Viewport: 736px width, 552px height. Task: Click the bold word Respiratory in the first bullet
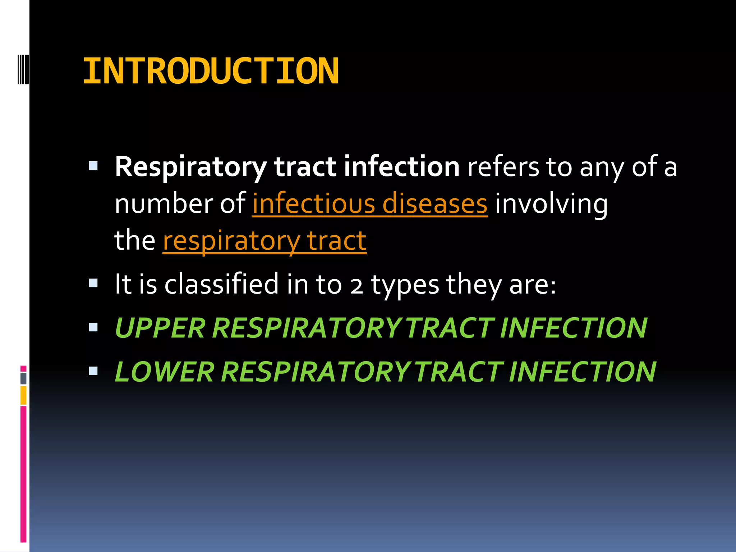click(190, 167)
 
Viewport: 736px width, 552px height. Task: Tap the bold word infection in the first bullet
click(401, 166)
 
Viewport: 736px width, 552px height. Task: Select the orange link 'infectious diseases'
click(369, 204)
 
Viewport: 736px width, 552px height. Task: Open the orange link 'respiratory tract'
click(264, 241)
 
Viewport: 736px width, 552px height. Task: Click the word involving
click(551, 204)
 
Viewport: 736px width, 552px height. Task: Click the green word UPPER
click(160, 328)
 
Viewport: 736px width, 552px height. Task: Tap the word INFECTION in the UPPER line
click(573, 328)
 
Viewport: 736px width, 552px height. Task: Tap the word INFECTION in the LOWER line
click(582, 372)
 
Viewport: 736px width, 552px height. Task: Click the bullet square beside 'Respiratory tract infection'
click(93, 166)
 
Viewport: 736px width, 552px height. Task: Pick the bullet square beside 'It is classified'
click(93, 284)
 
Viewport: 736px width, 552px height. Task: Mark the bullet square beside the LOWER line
click(93, 371)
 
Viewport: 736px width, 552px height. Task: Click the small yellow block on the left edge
click(23, 395)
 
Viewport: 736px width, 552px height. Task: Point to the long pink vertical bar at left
click(23, 474)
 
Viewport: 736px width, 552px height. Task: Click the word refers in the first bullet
click(503, 167)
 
